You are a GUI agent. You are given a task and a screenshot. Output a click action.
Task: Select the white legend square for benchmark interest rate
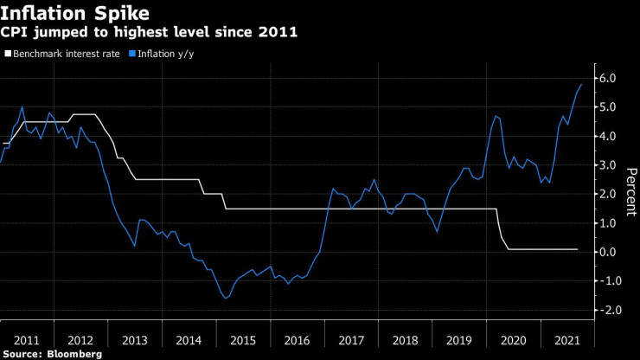point(9,54)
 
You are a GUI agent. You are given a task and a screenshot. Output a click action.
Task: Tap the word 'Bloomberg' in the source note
point(75,354)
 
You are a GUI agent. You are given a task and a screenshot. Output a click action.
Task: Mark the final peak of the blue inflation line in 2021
point(581,84)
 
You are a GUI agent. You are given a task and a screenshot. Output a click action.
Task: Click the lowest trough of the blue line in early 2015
point(227,298)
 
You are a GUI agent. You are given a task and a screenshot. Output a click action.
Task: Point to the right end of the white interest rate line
point(577,249)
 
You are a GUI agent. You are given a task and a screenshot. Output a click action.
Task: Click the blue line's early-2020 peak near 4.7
point(496,115)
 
